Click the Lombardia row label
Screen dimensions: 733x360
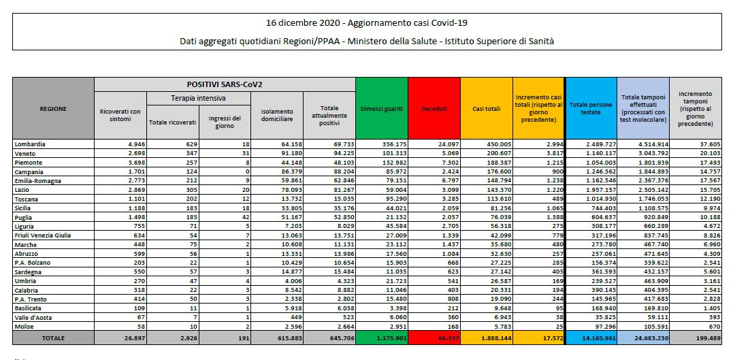[x=30, y=144]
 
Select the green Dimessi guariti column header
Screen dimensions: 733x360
[x=381, y=108]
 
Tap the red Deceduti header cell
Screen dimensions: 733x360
[x=434, y=108]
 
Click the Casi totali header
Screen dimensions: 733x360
[x=486, y=108]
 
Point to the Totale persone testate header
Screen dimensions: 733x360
[x=591, y=108]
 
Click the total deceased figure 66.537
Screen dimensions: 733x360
[x=446, y=338]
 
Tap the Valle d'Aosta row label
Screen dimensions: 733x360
[x=33, y=317]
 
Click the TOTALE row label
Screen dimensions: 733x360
[x=53, y=338]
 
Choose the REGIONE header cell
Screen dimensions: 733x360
[x=53, y=108]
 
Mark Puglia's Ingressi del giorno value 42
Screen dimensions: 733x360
[x=246, y=217]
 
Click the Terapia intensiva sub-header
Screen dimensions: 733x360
[x=199, y=99]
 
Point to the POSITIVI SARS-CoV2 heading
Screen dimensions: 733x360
[x=225, y=84]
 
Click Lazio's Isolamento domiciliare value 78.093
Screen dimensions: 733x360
[x=291, y=190]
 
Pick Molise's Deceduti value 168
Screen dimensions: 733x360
[x=454, y=327]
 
